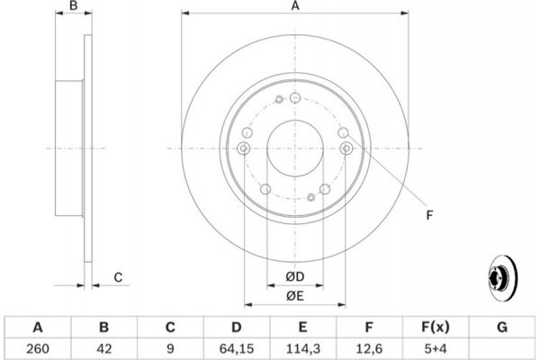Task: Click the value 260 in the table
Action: click(x=38, y=346)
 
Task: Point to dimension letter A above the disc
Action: click(x=293, y=8)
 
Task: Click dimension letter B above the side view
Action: click(x=75, y=8)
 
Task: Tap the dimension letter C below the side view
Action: click(x=117, y=278)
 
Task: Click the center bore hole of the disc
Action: click(x=294, y=149)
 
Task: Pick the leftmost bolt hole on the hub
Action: click(x=244, y=149)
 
